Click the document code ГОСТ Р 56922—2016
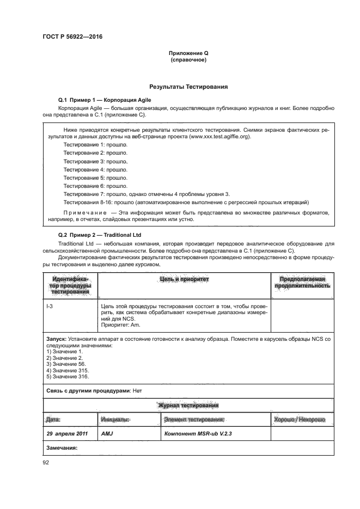pyautogui.click(x=72, y=36)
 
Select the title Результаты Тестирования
pyautogui.click(x=188, y=87)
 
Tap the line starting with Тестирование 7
pyautogui.click(x=147, y=194)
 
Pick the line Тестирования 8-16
pyautogui.click(x=186, y=202)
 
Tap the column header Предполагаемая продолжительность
pyautogui.click(x=302, y=282)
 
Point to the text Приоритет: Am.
pyautogui.click(x=121, y=325)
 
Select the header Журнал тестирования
pyautogui.click(x=188, y=406)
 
